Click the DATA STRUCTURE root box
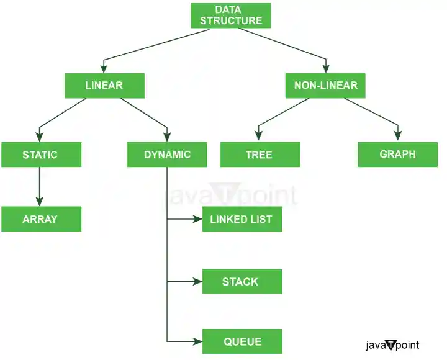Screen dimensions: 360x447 [231, 16]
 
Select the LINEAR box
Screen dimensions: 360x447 [104, 86]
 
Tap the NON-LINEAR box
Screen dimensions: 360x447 [326, 86]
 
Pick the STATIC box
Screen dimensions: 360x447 [41, 155]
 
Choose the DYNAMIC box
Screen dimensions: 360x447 [167, 155]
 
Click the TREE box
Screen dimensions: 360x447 [260, 155]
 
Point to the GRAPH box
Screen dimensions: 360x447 [397, 154]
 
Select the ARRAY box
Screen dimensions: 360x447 [40, 219]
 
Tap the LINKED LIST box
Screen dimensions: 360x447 [242, 219]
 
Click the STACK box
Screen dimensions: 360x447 [242, 282]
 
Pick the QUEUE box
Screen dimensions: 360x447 [242, 341]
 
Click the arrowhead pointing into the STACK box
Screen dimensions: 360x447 [197, 282]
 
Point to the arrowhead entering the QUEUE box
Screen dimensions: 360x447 [197, 341]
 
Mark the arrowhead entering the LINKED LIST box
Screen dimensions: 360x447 [197, 219]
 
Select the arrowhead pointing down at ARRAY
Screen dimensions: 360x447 [40, 200]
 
